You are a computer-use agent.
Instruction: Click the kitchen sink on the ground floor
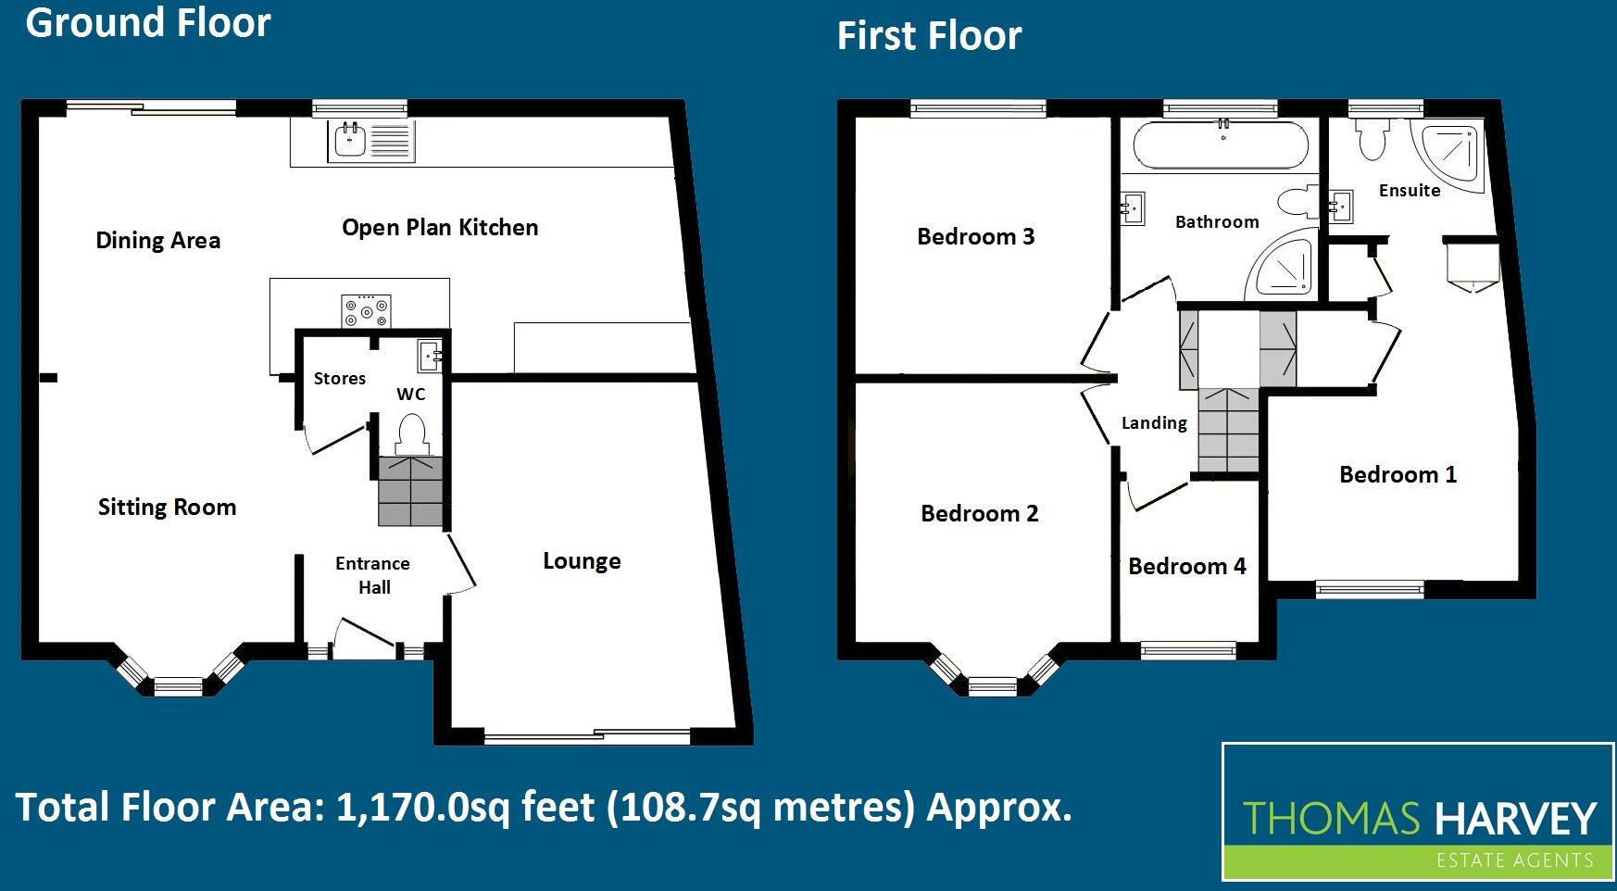[350, 141]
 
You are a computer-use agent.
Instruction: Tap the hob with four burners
[367, 310]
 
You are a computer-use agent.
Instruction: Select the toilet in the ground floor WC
[411, 433]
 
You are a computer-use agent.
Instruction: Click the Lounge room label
[582, 561]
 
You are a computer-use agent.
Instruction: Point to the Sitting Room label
[167, 508]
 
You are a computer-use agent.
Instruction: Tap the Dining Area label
[158, 241]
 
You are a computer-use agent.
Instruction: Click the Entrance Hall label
[373, 575]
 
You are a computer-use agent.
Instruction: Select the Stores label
[340, 379]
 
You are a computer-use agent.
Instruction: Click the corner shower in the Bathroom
[1285, 266]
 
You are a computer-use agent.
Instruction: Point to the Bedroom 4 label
[1187, 567]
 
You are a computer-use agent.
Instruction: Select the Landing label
[1154, 423]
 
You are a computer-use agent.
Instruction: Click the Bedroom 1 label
[1398, 475]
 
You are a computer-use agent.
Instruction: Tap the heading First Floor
[929, 36]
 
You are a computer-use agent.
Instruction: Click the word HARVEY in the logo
[1515, 820]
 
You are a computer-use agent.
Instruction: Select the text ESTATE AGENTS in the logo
[1514, 861]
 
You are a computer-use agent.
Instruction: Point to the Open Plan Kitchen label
[440, 228]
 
